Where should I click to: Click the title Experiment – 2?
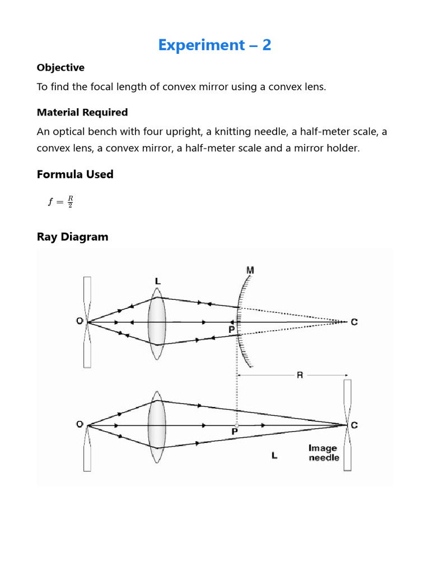tap(214, 45)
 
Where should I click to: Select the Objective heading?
tap(60, 68)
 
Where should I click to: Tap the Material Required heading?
tap(82, 113)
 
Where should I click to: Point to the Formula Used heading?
tap(75, 174)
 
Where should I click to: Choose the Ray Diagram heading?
tap(72, 237)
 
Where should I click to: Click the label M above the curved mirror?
tap(250, 271)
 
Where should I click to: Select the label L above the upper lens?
tap(157, 280)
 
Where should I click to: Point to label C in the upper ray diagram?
tap(354, 322)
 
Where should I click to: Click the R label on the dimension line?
tap(300, 376)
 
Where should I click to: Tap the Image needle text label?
tap(324, 453)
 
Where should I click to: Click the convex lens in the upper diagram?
tap(157, 323)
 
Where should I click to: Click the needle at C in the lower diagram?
tap(348, 424)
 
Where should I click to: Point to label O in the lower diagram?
tap(80, 424)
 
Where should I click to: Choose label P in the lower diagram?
tap(235, 433)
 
